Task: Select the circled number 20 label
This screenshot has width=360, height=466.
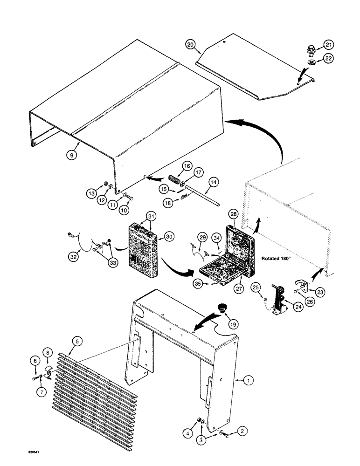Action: tap(190, 45)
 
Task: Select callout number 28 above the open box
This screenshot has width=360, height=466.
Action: tap(233, 213)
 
